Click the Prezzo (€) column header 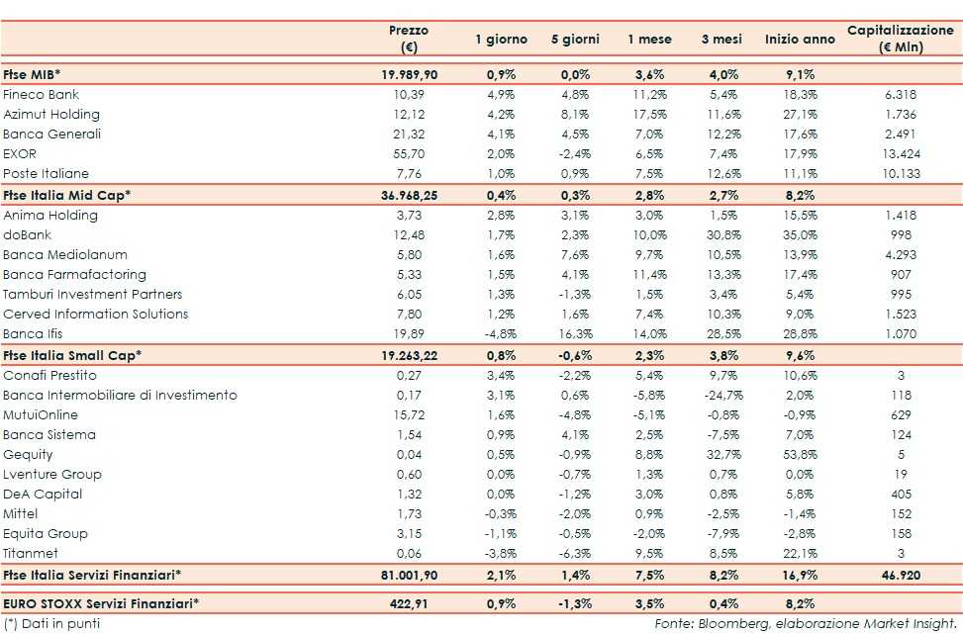(409, 40)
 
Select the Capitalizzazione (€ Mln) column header (900, 40)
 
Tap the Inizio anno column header (800, 40)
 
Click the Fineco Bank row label (42, 95)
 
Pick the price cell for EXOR (409, 154)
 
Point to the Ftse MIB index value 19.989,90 (409, 75)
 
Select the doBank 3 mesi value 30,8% (720, 235)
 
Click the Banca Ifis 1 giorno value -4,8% (496, 334)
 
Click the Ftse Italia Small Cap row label (72, 354)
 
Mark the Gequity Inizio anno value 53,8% (800, 455)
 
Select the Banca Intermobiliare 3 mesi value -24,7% (720, 396)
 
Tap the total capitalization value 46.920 (900, 574)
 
